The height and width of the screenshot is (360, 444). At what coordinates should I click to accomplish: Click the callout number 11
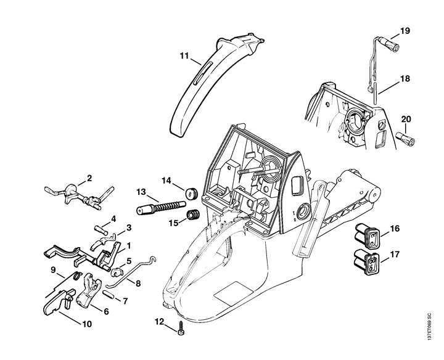pyautogui.click(x=184, y=55)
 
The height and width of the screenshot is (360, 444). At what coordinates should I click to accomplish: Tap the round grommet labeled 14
pyautogui.click(x=192, y=194)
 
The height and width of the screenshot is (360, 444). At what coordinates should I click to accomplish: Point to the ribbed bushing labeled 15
pyautogui.click(x=194, y=215)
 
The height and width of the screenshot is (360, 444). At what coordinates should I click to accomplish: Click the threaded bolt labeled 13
pyautogui.click(x=161, y=208)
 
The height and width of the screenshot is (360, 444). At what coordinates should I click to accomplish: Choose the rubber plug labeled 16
pyautogui.click(x=368, y=237)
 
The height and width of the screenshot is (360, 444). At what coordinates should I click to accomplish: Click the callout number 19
pyautogui.click(x=405, y=31)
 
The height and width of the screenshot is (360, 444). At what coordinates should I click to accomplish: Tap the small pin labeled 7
pyautogui.click(x=108, y=294)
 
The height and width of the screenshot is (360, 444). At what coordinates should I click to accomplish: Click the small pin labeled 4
pyautogui.click(x=101, y=229)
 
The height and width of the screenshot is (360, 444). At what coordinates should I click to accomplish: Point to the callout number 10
pyautogui.click(x=87, y=324)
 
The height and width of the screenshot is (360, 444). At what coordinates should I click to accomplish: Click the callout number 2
pyautogui.click(x=89, y=178)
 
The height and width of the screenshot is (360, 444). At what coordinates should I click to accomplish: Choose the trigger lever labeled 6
pyautogui.click(x=89, y=290)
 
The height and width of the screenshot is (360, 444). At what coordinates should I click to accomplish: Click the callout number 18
pyautogui.click(x=406, y=79)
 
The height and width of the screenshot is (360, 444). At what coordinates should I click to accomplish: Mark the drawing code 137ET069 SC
pyautogui.click(x=429, y=327)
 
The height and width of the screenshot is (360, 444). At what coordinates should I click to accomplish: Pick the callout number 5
pyautogui.click(x=129, y=261)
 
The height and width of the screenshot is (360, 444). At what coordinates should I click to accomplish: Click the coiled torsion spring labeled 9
pyautogui.click(x=76, y=276)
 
